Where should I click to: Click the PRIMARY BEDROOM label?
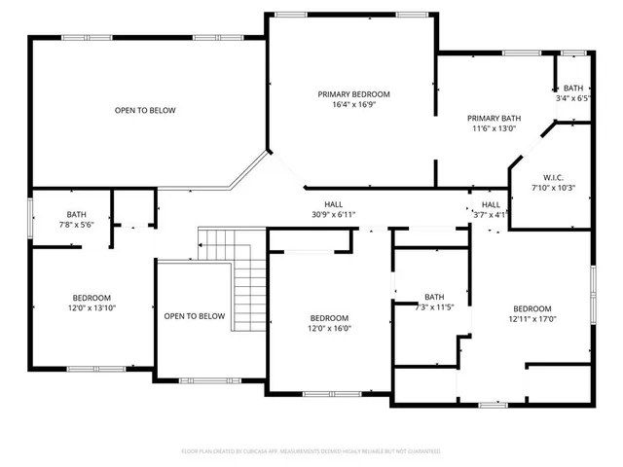[353, 94]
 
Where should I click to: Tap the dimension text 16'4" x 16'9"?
[353, 104]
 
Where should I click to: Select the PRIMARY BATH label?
[494, 118]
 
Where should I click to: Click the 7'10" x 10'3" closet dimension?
[554, 187]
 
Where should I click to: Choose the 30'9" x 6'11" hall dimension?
[334, 214]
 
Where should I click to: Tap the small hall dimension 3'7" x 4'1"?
[491, 214]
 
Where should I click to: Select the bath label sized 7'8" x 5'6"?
[76, 215]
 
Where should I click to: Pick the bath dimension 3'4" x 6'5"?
[573, 98]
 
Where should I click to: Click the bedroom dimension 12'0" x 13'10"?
[92, 307]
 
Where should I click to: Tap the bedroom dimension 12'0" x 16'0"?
[329, 328]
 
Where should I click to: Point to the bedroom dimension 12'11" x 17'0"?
[532, 318]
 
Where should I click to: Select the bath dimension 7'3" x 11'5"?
[433, 307]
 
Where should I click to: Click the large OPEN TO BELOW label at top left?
[145, 111]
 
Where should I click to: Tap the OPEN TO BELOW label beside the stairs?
[195, 316]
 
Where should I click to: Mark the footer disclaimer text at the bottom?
[311, 451]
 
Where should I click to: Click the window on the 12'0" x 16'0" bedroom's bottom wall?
[329, 392]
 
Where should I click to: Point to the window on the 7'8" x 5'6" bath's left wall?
[29, 216]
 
